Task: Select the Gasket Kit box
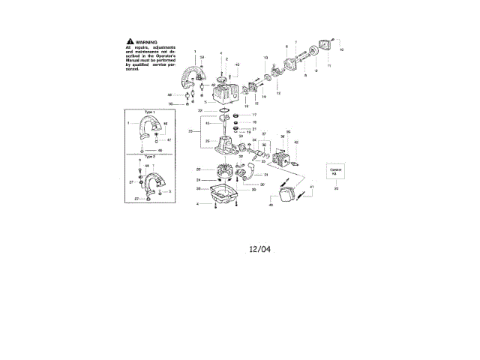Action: (x=336, y=172)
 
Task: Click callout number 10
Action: (x=341, y=50)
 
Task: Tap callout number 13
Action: (x=265, y=58)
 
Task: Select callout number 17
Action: (x=253, y=115)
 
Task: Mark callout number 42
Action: (x=296, y=142)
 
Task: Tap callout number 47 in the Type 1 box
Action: (x=169, y=140)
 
